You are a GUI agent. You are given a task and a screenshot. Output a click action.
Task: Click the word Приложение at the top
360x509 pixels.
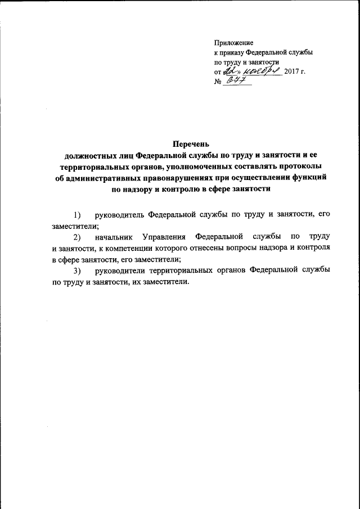[234, 43]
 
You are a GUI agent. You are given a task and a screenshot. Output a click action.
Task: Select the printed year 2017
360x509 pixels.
[292, 71]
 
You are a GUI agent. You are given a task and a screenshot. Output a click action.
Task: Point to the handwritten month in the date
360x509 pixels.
[261, 71]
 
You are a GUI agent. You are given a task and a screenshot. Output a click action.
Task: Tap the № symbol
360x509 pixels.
[218, 82]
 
